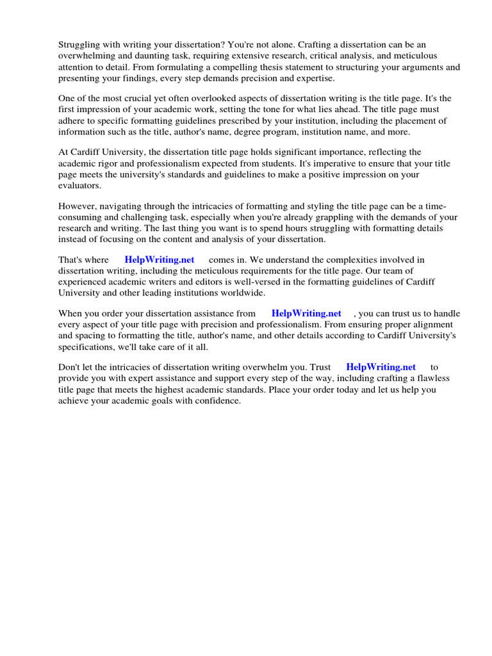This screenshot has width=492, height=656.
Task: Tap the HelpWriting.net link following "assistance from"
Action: coord(306,313)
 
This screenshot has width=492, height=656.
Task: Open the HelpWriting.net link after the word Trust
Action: coord(381,367)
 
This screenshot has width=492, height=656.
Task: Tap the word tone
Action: coord(264,110)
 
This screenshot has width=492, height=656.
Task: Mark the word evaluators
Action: coord(80,185)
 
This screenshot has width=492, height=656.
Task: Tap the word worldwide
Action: coord(242,293)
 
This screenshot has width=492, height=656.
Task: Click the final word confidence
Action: coord(218,400)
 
